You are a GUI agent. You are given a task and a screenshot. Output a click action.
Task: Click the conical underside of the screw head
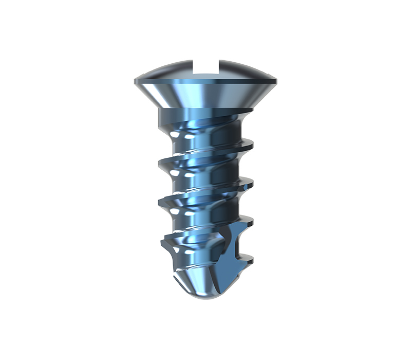click(x=206, y=95)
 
